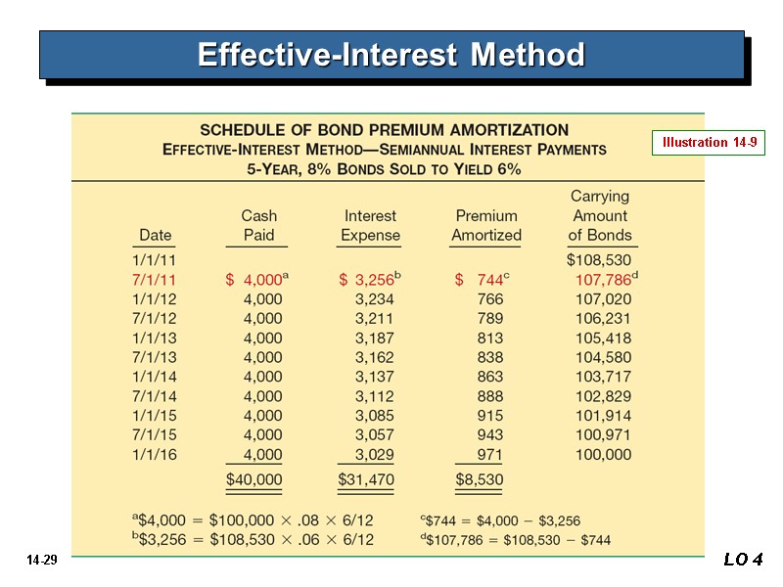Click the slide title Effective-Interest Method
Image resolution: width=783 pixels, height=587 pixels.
point(391,54)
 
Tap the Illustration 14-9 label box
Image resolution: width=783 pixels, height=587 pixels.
point(708,143)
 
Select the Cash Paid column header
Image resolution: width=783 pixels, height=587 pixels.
point(259,225)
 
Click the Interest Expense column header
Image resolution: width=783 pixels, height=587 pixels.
point(370,225)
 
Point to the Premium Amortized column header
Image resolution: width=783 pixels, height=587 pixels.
point(486,225)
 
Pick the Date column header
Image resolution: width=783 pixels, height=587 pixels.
point(156,235)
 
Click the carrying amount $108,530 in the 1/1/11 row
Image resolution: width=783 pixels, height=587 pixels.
point(599,260)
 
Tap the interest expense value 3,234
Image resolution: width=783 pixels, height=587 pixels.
point(376,299)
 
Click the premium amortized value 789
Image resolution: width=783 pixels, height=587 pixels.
point(489,319)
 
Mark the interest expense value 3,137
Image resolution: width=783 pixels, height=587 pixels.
point(376,377)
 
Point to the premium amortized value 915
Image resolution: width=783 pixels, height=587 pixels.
point(489,416)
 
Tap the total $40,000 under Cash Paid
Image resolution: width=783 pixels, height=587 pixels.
point(253,479)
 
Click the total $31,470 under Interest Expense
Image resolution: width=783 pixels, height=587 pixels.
point(366,479)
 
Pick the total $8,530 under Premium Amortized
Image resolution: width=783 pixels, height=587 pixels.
point(480,479)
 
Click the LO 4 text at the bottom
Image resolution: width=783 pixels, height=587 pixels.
point(742,560)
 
